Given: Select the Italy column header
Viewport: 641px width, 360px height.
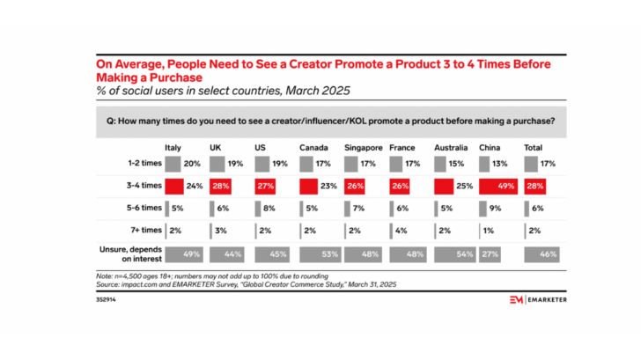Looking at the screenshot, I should pos(173,147).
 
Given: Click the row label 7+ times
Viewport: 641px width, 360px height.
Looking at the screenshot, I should pos(142,230).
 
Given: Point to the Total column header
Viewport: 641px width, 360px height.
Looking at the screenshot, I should pos(534,147).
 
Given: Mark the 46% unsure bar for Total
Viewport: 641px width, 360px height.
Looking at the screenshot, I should pos(543,253).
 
